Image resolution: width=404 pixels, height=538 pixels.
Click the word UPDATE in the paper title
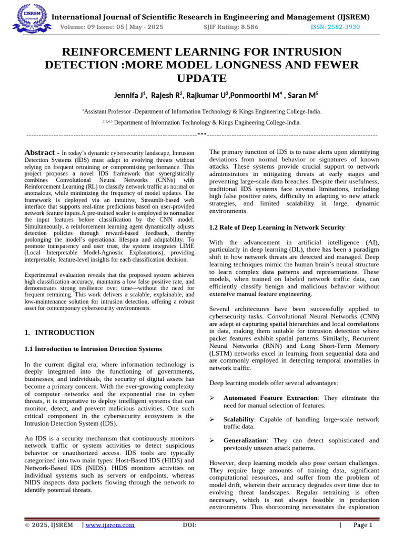point(202,79)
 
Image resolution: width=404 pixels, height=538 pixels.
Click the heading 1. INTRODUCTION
point(60,333)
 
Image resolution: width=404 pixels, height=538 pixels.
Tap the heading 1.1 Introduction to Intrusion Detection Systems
point(94,349)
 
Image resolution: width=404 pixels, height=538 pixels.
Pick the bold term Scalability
point(239,419)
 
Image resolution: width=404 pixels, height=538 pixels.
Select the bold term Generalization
point(245,440)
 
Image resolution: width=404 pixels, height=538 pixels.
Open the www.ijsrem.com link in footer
point(110,525)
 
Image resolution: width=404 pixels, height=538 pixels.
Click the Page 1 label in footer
point(362,525)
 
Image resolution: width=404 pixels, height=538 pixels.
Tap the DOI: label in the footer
point(189,525)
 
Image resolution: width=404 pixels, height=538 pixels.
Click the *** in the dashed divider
point(202,134)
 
